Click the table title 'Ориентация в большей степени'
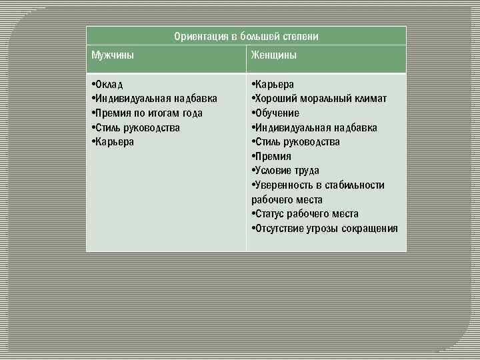pyautogui.click(x=246, y=36)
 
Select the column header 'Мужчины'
pyautogui.click(x=113, y=55)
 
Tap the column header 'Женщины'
pyautogui.click(x=274, y=55)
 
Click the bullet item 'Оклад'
pyautogui.click(x=108, y=85)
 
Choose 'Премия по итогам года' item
pyautogui.click(x=147, y=113)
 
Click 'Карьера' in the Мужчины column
pyautogui.click(x=113, y=141)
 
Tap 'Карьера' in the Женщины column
pyautogui.click(x=273, y=85)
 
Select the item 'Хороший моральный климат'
pyautogui.click(x=319, y=99)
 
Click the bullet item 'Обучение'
pyautogui.click(x=276, y=113)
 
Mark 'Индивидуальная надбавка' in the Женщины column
pyautogui.click(x=315, y=127)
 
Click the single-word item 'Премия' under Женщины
pyautogui.click(x=272, y=156)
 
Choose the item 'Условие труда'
pyautogui.click(x=286, y=171)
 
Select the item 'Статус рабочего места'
pyautogui.click(x=305, y=214)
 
